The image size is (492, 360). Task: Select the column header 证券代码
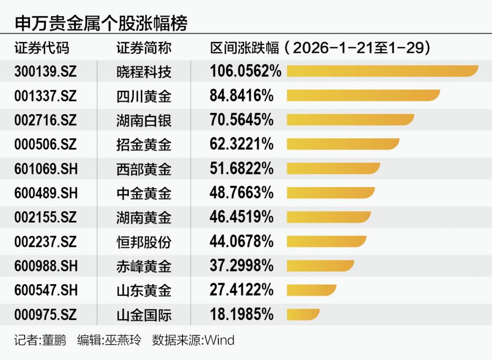point(42,48)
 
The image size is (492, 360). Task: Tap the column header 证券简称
point(144,48)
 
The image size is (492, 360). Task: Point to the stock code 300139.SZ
point(45,71)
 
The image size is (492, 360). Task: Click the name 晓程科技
point(144,71)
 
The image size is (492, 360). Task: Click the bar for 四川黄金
point(363,96)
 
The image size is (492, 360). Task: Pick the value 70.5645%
point(242,120)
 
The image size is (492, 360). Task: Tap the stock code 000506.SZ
point(45,144)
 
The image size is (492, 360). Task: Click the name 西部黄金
point(144,168)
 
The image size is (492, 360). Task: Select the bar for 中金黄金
point(331,193)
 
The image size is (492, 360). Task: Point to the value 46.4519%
point(242,217)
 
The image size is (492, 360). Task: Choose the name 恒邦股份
point(144,241)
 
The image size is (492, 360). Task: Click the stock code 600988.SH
point(46,266)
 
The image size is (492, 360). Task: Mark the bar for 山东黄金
point(311,290)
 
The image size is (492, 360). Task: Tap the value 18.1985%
point(242,314)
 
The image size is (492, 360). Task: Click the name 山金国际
point(144,314)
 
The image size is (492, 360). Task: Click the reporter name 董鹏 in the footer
point(54,340)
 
